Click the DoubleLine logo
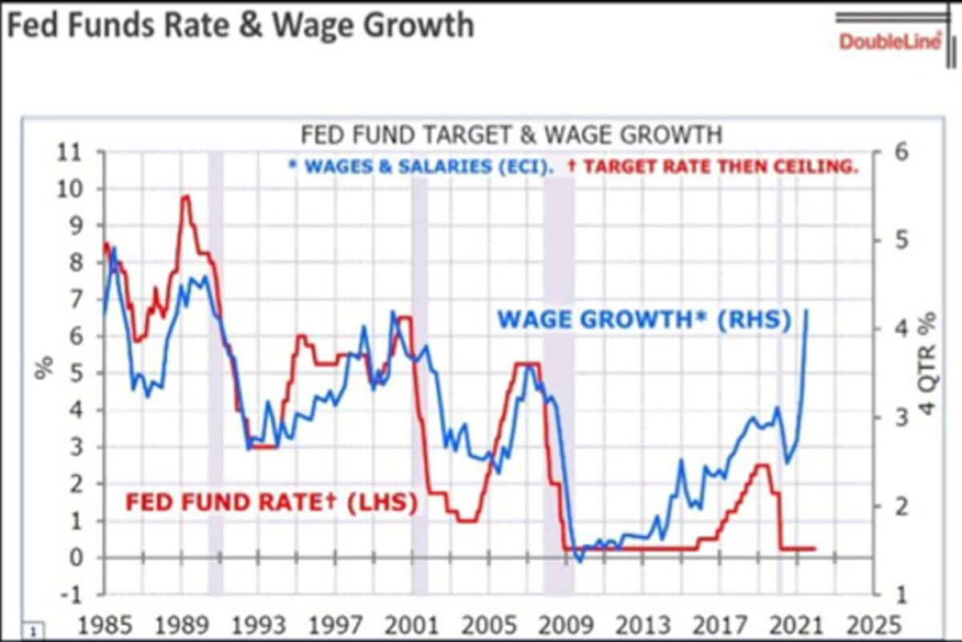(x=890, y=40)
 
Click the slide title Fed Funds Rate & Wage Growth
(x=240, y=25)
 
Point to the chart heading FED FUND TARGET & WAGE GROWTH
(x=511, y=133)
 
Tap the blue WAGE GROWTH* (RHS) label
(x=645, y=320)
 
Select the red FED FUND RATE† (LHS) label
(x=271, y=503)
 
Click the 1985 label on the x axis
(x=103, y=624)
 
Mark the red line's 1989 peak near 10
(x=185, y=196)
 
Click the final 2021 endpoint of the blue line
(x=806, y=310)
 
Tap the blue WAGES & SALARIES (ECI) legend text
(x=420, y=169)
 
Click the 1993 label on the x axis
(x=257, y=624)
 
